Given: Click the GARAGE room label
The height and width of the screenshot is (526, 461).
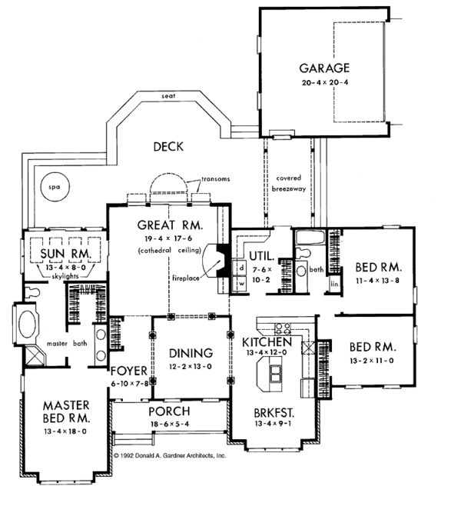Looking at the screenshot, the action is tap(324, 68).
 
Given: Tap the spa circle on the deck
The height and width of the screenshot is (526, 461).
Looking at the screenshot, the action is tap(55, 187).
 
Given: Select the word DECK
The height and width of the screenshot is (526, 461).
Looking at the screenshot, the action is tap(168, 147).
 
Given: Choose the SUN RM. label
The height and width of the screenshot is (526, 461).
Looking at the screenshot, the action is tap(65, 254).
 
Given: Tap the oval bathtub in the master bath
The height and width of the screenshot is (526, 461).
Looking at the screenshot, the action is tap(27, 324).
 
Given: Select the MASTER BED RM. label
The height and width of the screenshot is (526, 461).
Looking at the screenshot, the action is tap(66, 412).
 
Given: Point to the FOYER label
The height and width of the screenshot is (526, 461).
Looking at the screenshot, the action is tap(129, 371).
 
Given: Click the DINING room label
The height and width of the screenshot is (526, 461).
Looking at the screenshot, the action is tap(191, 353).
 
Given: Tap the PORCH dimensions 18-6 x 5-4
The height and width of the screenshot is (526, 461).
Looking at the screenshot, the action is tap(170, 424).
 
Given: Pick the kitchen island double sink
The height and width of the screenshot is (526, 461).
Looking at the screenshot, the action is tap(276, 374).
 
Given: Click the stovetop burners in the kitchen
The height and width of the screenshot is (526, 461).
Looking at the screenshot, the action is tap(283, 329).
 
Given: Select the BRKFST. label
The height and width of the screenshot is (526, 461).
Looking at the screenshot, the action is tap(274, 412).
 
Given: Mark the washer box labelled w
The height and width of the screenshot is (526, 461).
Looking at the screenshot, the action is tap(241, 284).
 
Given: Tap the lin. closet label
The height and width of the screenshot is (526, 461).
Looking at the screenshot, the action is tap(335, 284).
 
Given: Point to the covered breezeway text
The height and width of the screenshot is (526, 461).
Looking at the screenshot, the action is tap(289, 184).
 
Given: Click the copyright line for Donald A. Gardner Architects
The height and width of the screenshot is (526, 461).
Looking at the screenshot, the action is tap(170, 455).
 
